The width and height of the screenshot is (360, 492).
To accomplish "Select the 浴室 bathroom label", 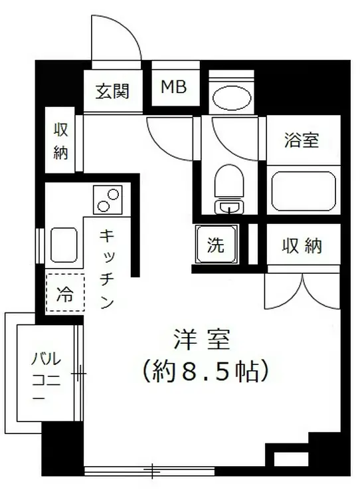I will click(302, 140).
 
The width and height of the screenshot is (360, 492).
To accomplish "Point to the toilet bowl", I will click(229, 180).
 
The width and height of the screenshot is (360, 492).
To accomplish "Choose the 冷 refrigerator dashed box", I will click(64, 293).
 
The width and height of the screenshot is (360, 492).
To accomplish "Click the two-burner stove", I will click(108, 199).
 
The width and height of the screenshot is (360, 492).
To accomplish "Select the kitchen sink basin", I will click(64, 244).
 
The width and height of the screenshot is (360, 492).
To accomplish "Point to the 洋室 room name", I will click(203, 341).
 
